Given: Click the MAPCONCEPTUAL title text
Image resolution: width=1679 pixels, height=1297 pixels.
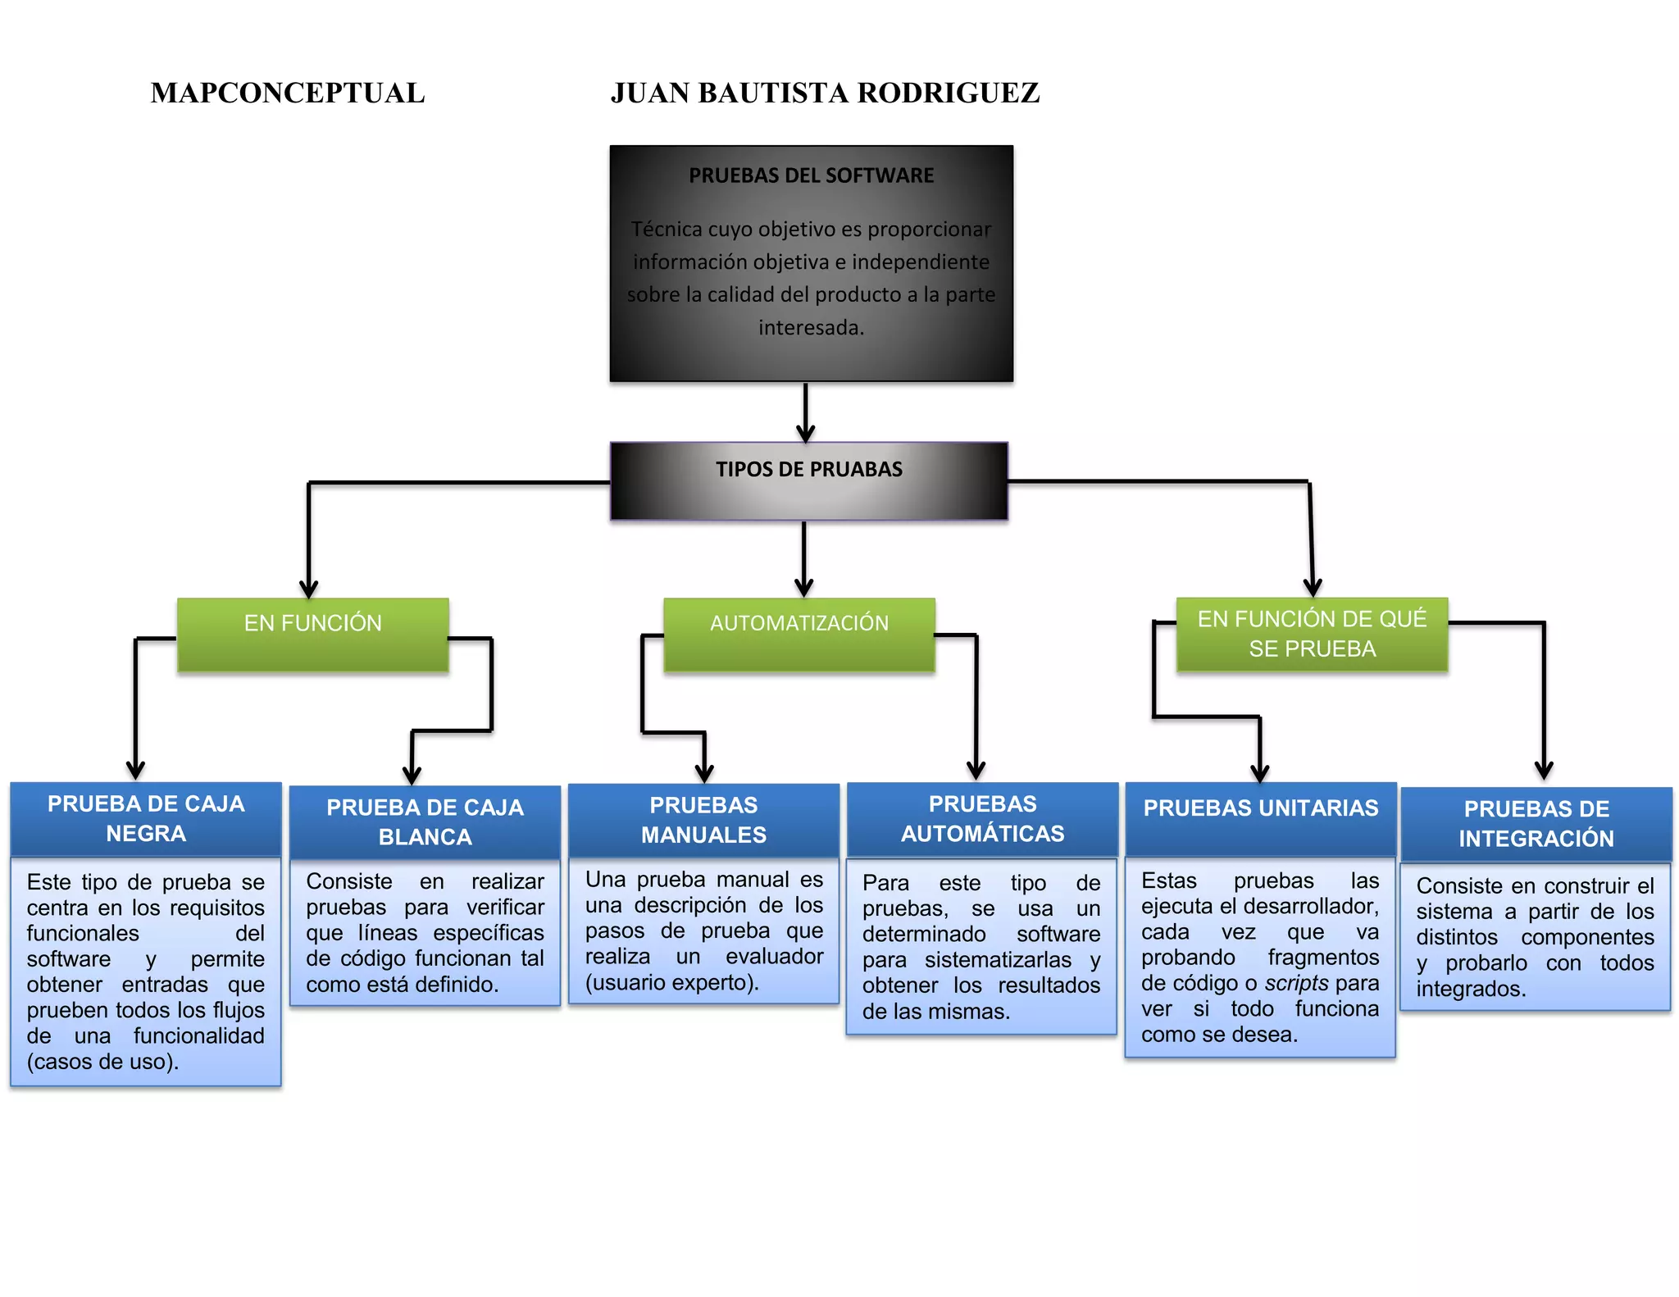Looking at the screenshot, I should coord(288,93).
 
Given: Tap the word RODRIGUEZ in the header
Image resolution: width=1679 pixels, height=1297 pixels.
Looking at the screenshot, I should coord(949,93).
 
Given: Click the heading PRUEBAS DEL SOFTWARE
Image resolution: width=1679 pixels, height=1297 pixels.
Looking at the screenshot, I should coord(811,175).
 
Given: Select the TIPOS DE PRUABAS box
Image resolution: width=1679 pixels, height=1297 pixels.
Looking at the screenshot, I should coord(808,481).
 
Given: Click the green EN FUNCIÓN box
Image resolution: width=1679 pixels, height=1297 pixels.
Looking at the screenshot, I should coord(312,635).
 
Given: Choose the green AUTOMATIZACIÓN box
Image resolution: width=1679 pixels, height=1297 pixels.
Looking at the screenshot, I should coord(799,635).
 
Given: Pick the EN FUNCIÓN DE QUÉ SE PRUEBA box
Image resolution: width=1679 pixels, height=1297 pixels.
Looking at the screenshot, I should coord(1312,634).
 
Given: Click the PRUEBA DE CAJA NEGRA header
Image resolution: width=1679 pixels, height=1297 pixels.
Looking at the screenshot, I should coord(146,818).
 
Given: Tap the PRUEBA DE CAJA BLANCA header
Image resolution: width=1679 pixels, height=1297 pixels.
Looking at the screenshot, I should coord(425,821).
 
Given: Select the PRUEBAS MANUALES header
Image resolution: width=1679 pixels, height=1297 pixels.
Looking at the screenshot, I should coord(703,820).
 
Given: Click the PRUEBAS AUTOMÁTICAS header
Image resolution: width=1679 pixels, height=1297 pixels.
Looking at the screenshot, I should coord(982,818).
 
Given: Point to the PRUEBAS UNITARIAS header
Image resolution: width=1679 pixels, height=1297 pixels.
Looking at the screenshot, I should coord(1261,808).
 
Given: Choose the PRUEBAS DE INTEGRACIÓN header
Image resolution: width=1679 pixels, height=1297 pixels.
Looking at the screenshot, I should coord(1536,823).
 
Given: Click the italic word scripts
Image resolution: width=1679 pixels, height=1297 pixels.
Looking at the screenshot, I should coord(1296,983).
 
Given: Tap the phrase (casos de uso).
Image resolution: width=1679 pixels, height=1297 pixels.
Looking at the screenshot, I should coord(102,1062).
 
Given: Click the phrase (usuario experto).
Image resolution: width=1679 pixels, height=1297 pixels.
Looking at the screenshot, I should coord(671,982).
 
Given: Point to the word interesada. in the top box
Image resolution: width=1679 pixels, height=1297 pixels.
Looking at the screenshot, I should coord(811,328).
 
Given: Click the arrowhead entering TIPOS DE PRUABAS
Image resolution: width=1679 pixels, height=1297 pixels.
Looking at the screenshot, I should coord(806,433).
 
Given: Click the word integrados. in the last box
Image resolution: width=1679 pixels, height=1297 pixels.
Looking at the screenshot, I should coord(1471,989).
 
